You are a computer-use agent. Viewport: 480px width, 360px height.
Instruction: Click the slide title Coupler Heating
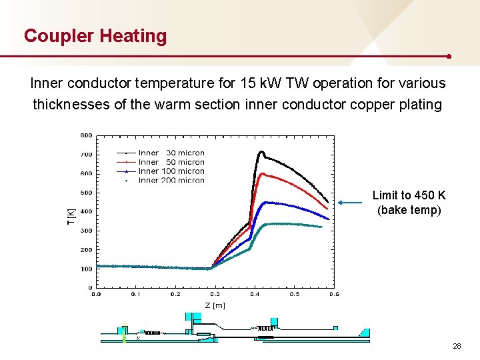(95, 35)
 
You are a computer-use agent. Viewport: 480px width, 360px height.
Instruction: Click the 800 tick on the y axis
(87, 135)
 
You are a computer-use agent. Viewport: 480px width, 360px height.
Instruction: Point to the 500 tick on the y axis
(87, 193)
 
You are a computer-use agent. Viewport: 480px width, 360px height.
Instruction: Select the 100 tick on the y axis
(87, 269)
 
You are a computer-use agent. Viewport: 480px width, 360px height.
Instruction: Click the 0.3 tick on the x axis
(215, 293)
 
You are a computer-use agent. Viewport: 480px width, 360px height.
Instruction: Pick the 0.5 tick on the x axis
(294, 293)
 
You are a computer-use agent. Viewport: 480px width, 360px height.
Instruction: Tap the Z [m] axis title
(215, 305)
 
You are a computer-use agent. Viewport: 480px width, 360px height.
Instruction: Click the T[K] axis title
(71, 216)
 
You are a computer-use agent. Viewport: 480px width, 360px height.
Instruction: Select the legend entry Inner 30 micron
(171, 153)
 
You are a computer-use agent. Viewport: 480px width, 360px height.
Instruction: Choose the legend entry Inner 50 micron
(171, 162)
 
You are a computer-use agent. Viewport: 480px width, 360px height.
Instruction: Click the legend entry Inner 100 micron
(171, 171)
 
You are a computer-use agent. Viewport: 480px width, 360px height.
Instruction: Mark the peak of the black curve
(261, 152)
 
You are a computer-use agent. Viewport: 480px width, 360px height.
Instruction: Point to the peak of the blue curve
(267, 202)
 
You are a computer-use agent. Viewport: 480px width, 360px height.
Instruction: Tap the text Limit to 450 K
(409, 195)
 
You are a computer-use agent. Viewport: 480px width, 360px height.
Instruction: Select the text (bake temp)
(409, 210)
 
